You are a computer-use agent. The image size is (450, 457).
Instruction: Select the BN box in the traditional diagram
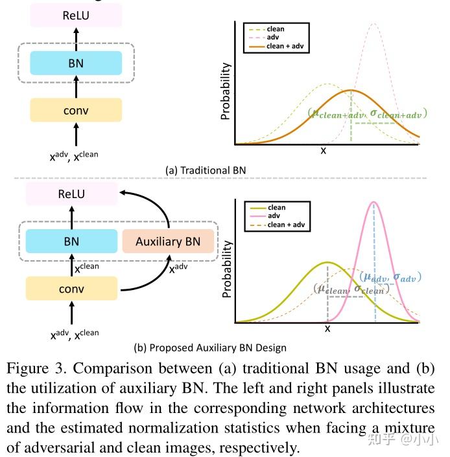click(x=76, y=63)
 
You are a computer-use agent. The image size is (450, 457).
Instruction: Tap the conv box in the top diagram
click(x=76, y=110)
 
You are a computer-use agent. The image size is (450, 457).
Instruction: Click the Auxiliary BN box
click(x=168, y=241)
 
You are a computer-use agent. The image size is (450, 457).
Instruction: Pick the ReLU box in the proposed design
click(x=71, y=194)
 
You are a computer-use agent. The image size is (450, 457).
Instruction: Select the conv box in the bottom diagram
click(x=71, y=288)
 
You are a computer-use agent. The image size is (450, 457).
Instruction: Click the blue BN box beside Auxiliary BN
click(x=71, y=241)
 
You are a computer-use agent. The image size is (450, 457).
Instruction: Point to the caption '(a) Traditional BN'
click(x=206, y=170)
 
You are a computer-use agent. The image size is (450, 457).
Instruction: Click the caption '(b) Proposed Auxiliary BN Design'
click(x=210, y=348)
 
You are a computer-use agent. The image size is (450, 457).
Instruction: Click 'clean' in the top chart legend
click(x=273, y=29)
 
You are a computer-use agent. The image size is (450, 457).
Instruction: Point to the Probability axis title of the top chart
click(x=226, y=91)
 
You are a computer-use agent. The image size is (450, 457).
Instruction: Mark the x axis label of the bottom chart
click(x=327, y=329)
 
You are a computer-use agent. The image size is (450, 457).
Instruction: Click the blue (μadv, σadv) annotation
click(x=390, y=277)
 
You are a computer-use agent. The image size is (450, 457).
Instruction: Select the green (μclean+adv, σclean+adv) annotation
click(x=367, y=114)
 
